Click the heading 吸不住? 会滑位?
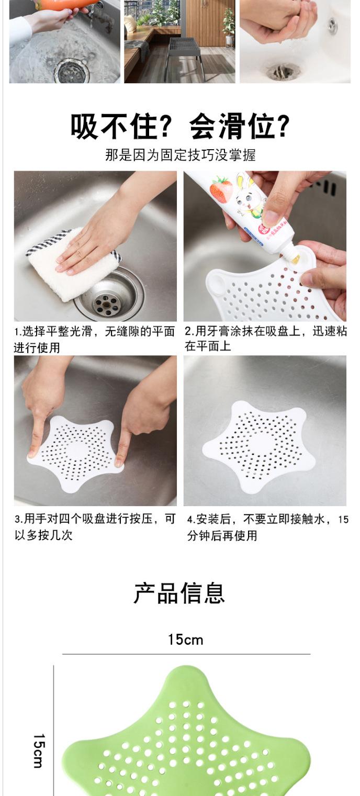tap(180, 127)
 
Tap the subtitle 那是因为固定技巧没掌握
tap(180, 155)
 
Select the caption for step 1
tap(95, 339)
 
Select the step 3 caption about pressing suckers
tap(95, 527)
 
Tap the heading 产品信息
tap(179, 593)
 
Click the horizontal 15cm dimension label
tap(186, 640)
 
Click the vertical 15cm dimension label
tap(39, 750)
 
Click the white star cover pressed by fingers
tap(75, 453)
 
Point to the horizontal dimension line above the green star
tap(186, 654)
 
